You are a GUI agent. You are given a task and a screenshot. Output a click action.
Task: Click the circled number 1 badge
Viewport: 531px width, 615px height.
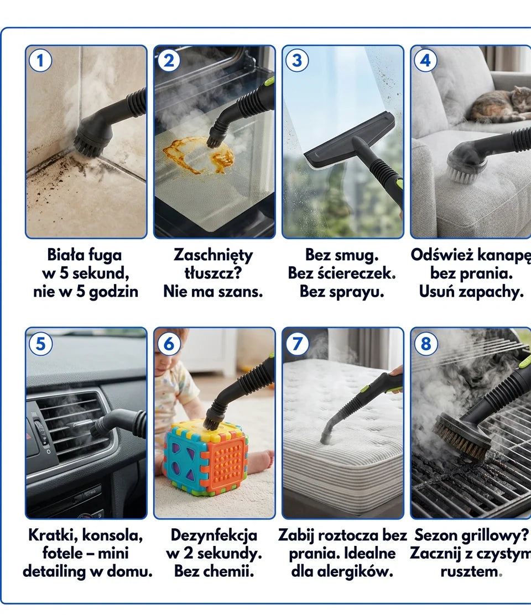tap(40, 61)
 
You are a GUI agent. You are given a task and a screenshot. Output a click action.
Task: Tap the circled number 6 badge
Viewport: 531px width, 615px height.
tap(169, 344)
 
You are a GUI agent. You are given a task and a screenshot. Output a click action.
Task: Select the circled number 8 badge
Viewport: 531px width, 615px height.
tap(426, 344)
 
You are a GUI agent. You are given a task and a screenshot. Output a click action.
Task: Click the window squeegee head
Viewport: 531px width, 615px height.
tap(349, 139)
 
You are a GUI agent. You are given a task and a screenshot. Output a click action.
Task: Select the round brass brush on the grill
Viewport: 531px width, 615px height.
tap(461, 433)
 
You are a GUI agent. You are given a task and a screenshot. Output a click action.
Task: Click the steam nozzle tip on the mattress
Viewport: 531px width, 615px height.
tap(325, 439)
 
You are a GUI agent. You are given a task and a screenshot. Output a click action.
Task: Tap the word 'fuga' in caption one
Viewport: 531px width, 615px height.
tap(105, 255)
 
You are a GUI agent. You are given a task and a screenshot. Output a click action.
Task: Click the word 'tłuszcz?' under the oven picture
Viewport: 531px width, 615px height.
tap(214, 273)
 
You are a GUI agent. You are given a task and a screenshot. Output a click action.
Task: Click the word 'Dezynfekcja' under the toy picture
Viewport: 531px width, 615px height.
tap(214, 535)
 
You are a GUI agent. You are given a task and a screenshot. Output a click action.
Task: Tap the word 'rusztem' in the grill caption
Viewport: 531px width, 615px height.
tap(470, 572)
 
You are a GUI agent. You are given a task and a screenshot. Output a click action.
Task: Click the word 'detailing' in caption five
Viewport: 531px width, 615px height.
tap(54, 572)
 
